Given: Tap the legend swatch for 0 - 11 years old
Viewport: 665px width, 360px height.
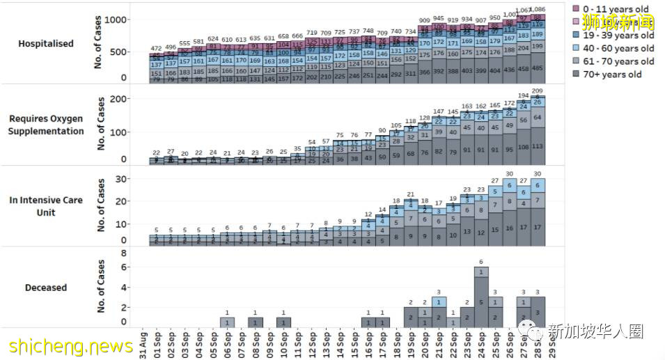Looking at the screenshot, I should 577,9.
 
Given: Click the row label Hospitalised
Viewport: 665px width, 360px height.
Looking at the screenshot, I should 46,43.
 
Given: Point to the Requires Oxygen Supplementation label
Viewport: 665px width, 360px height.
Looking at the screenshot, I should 46,125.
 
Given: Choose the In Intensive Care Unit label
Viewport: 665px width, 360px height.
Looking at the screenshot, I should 46,205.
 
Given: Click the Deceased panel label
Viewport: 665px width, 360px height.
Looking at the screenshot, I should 46,287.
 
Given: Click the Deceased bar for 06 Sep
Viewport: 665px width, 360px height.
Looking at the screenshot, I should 227,322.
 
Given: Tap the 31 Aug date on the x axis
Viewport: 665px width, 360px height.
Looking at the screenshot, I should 143,342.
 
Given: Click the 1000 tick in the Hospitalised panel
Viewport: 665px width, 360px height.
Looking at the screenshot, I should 117,19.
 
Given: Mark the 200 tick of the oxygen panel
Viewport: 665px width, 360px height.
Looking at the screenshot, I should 119,100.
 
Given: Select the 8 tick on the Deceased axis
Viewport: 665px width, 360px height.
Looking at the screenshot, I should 123,255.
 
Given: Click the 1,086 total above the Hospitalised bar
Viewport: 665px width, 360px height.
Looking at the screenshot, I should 538,10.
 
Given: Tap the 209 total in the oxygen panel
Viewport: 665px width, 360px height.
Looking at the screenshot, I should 538,91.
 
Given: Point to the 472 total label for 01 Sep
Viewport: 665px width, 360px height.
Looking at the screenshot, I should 157,48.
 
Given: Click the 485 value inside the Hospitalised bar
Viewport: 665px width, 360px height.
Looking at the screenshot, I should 538,68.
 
